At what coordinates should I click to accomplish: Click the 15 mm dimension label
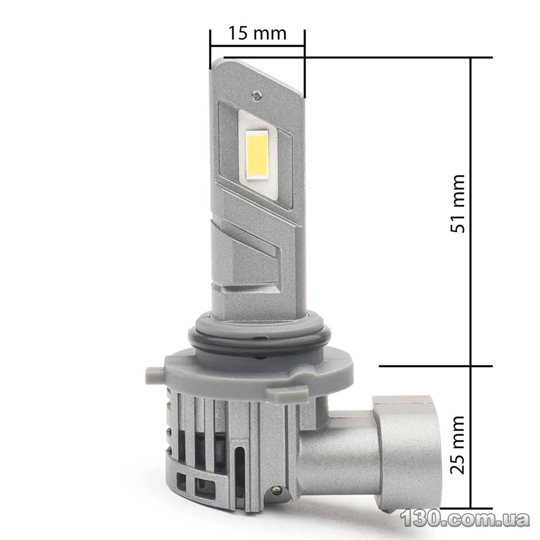click(x=257, y=33)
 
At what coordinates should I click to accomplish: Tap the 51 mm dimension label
click(x=458, y=203)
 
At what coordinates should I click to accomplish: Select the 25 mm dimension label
click(x=458, y=444)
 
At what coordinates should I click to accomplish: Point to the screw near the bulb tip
click(x=256, y=94)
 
